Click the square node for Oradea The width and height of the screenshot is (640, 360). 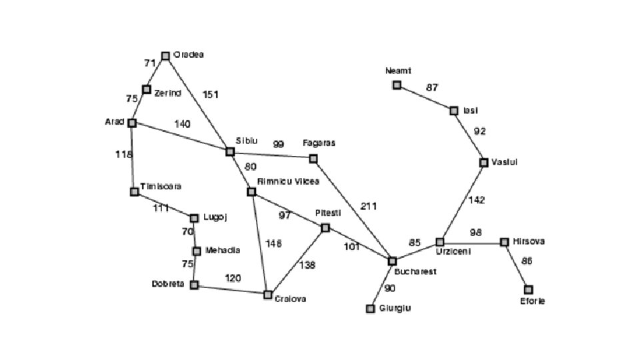coord(165,56)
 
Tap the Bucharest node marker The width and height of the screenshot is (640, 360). coord(392,261)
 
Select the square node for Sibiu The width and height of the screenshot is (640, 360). coord(230,152)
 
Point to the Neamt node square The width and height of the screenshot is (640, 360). coord(397,85)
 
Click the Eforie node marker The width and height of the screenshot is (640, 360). coord(529,289)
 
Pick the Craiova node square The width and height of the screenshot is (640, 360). coord(268,294)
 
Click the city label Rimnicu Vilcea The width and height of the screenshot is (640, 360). coord(288,181)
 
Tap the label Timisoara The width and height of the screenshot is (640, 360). coord(161,186)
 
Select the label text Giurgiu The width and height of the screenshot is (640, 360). coord(395,308)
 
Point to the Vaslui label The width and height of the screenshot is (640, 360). coord(505,162)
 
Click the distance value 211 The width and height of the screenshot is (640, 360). coord(369,206)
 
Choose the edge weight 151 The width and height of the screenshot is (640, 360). coord(210,95)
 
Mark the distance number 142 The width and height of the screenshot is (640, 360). coord(477,200)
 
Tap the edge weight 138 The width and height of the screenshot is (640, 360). coord(307,265)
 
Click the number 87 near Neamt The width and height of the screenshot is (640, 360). coord(432,87)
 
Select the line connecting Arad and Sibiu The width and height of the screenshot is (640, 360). coord(181,137)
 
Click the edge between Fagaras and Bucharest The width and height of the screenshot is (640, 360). coord(353,211)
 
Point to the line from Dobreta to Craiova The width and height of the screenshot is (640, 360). coord(231,289)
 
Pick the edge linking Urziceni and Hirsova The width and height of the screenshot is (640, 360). coord(472,242)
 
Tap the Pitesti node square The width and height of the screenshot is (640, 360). coord(325,228)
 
